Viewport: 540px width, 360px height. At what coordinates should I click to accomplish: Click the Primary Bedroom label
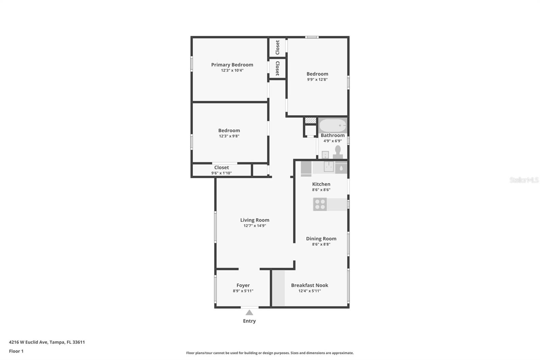[232, 65]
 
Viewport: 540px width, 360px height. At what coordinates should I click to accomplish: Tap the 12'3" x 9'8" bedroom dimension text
[229, 136]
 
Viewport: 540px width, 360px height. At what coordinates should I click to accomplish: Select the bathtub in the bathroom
[333, 126]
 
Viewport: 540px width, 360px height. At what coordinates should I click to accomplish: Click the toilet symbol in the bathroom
[338, 152]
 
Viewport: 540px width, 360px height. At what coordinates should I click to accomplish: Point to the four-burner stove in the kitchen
[320, 204]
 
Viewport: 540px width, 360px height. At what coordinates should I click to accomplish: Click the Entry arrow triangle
[249, 313]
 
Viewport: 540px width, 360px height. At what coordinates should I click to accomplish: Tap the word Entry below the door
[249, 321]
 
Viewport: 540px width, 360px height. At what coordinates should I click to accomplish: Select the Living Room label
[254, 220]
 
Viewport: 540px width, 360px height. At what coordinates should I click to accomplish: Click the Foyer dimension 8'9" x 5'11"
[243, 291]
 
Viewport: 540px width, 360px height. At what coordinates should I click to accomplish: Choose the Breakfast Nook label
[309, 285]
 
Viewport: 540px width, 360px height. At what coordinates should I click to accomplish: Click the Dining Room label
[321, 238]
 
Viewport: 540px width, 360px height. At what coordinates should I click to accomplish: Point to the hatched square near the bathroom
[310, 120]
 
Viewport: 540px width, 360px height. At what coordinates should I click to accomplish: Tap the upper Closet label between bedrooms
[277, 47]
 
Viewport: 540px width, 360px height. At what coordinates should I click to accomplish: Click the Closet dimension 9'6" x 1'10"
[221, 173]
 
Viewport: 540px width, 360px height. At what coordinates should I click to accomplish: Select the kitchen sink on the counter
[328, 166]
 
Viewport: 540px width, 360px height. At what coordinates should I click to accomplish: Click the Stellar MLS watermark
[524, 180]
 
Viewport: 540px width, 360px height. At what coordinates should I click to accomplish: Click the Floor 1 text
[16, 351]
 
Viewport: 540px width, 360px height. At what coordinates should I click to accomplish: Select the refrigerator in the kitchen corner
[306, 168]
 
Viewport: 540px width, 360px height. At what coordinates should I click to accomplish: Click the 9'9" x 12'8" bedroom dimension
[317, 80]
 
